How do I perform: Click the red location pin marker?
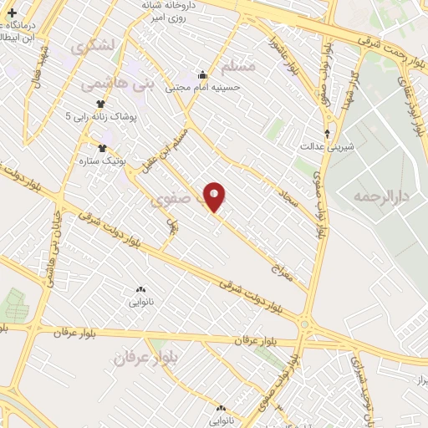tap(215, 196)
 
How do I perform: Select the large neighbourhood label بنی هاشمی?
tap(117, 84)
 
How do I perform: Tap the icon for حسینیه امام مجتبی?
tap(201, 74)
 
